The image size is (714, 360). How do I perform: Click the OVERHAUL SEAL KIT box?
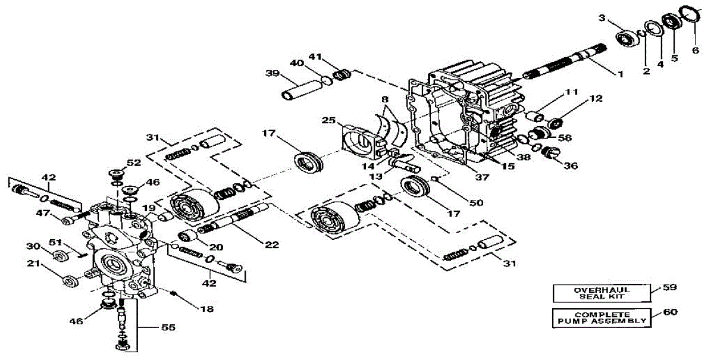[x=601, y=293]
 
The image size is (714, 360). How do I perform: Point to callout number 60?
[x=669, y=311]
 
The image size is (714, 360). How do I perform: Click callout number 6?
[x=694, y=50]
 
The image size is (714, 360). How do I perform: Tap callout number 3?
[x=602, y=18]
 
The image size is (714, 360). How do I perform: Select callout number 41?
[x=315, y=57]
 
